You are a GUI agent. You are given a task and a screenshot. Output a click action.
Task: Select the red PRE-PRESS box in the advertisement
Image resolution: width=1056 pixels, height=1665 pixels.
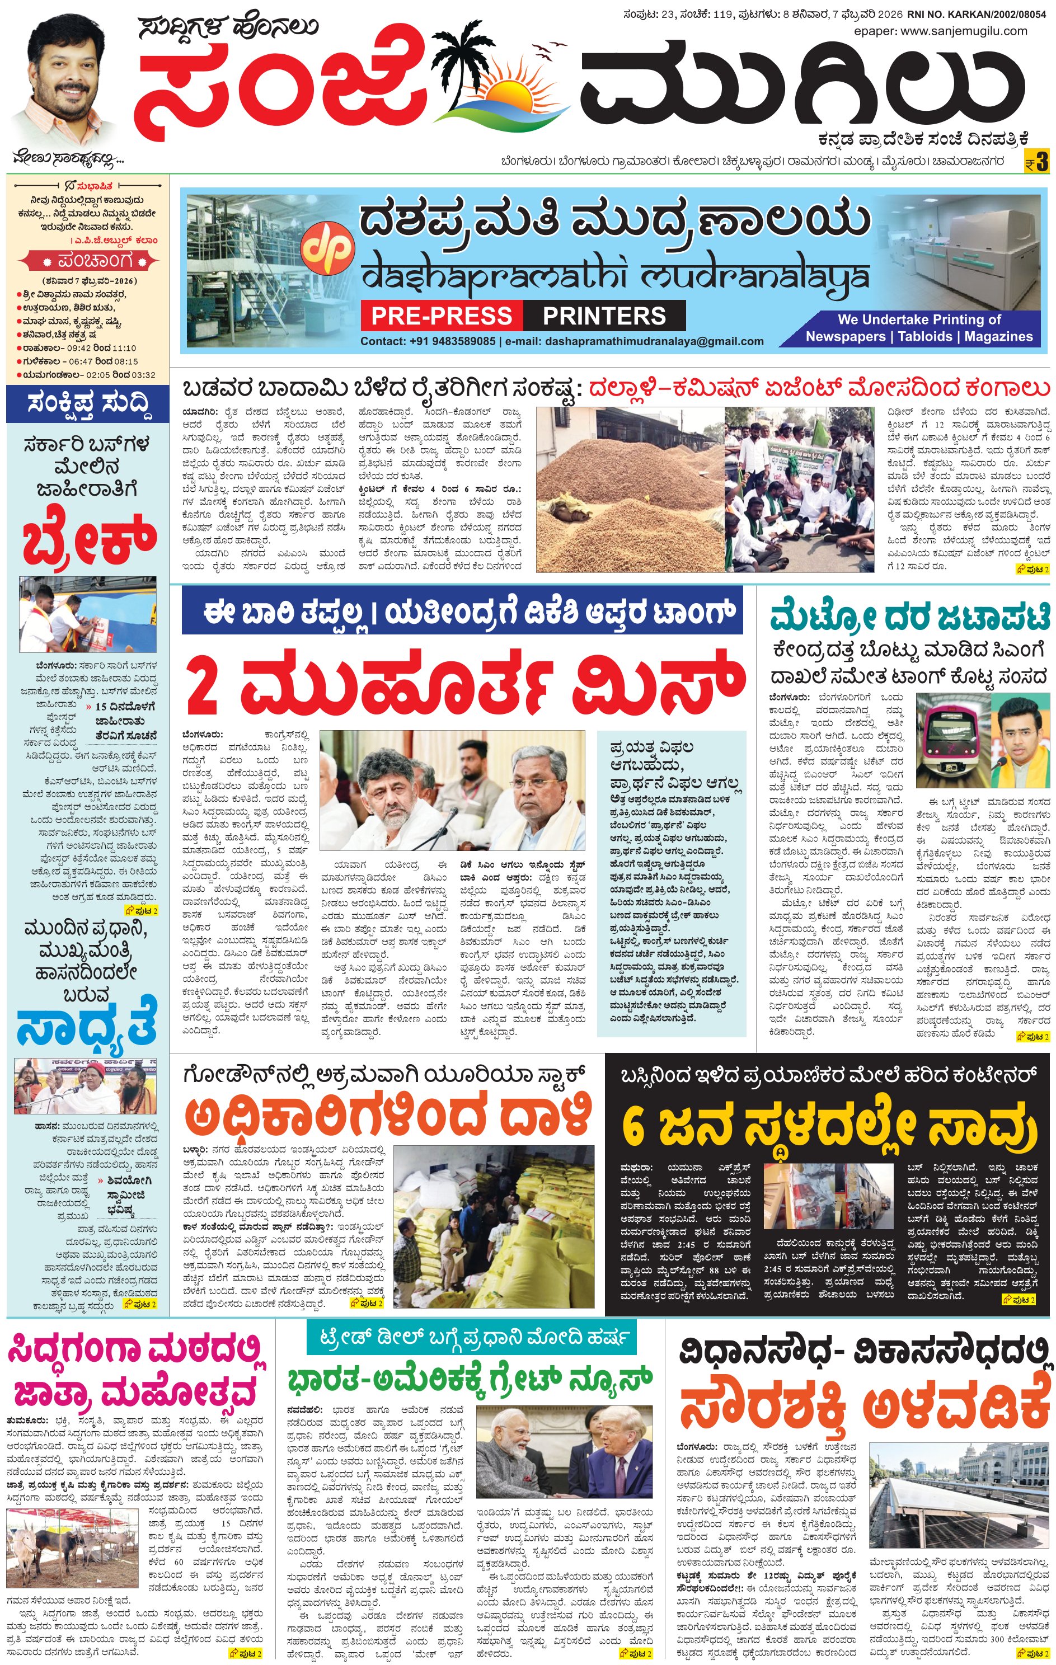click(440, 316)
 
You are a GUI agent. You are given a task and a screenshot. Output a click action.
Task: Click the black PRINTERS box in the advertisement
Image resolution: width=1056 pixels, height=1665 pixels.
click(604, 316)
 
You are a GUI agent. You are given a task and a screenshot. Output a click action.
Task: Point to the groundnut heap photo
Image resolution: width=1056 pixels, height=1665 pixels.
click(630, 490)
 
